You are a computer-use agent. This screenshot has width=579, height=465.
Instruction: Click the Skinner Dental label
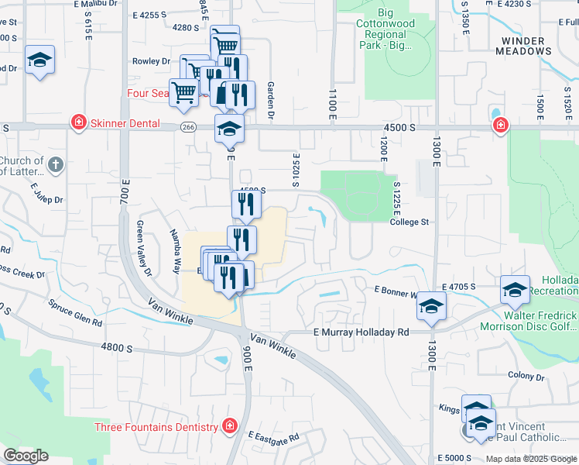point(125,123)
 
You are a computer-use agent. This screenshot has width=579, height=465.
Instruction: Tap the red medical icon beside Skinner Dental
point(78,122)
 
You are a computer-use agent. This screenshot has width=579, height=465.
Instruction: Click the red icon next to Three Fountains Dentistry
point(229,426)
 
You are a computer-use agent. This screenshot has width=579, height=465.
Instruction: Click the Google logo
point(26,455)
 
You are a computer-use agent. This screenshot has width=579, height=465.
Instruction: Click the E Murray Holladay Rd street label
point(360,332)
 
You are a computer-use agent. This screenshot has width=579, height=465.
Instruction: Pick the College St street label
point(409,222)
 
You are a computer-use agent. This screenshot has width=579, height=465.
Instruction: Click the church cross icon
point(55,164)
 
